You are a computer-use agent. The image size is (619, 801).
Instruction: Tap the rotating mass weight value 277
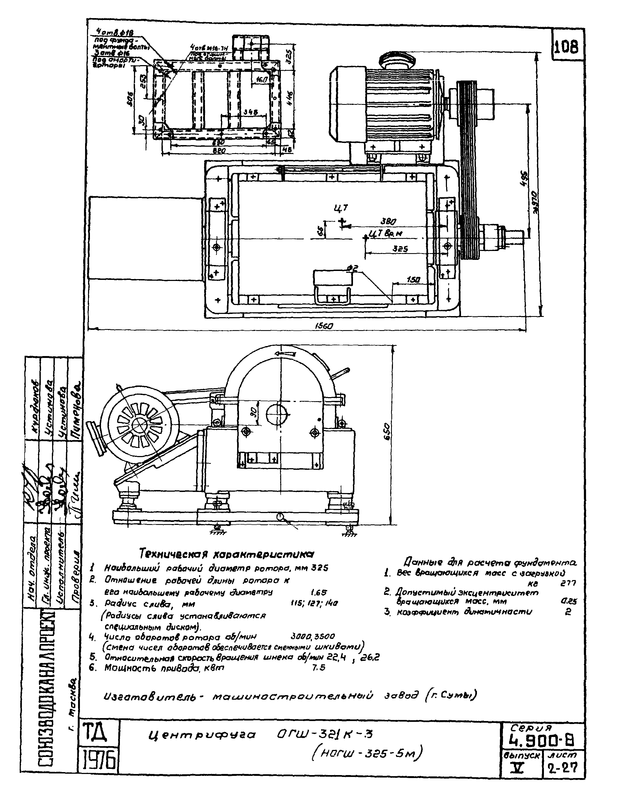(568, 583)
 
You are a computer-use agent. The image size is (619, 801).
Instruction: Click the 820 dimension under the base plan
(219, 151)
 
